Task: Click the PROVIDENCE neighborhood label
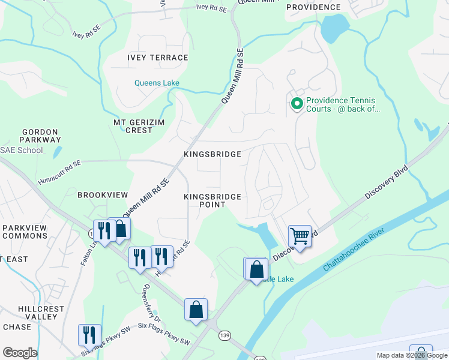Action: coord(313,7)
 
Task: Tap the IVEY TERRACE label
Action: coord(158,58)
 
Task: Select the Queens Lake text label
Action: coord(157,83)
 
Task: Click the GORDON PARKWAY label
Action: coord(40,136)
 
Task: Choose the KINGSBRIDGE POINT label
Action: coord(212,200)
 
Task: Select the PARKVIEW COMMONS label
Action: coord(25,232)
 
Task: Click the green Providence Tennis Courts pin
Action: coord(297,104)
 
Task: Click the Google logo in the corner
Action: coord(20,353)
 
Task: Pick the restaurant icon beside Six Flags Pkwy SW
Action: coord(89,335)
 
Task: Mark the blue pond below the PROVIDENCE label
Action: coord(334,29)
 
